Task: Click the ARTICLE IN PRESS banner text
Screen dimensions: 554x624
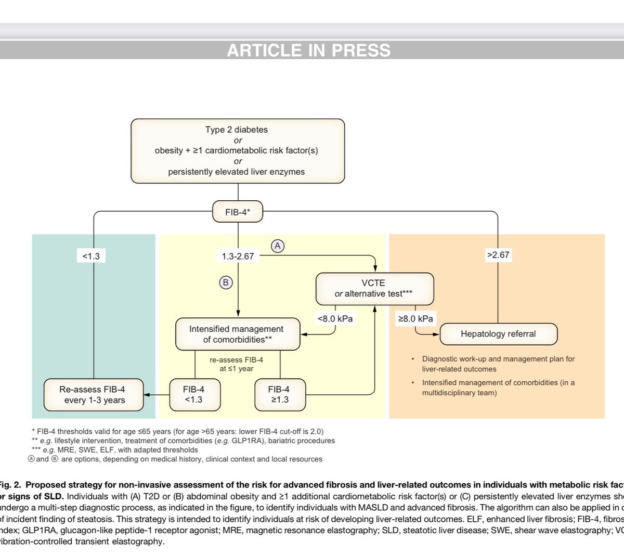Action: click(x=308, y=50)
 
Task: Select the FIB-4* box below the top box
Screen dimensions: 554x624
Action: click(x=238, y=212)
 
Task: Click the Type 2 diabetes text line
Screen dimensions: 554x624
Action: click(x=237, y=130)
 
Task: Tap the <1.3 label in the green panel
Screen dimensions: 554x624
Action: click(x=91, y=255)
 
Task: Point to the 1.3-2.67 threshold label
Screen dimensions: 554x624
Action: click(x=238, y=256)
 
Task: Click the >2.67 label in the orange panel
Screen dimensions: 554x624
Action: click(x=498, y=255)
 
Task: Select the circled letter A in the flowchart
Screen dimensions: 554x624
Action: click(x=278, y=246)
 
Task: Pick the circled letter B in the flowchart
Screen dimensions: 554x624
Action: click(x=226, y=282)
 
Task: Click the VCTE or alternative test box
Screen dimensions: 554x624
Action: click(x=374, y=289)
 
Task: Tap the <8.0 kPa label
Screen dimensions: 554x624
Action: click(x=335, y=318)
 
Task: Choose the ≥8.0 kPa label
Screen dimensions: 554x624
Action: click(x=415, y=318)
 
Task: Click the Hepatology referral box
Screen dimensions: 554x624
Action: click(x=498, y=334)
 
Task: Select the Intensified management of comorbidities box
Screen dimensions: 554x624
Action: click(x=237, y=334)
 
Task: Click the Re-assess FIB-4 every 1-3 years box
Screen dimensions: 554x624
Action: click(x=94, y=395)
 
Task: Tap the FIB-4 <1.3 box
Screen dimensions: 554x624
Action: click(x=194, y=395)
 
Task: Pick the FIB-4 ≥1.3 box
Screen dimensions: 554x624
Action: click(x=279, y=395)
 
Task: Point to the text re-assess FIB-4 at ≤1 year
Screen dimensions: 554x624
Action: click(x=237, y=364)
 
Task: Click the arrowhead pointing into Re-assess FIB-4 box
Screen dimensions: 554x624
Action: click(x=147, y=395)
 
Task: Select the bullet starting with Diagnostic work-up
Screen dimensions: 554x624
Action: click(x=498, y=364)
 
